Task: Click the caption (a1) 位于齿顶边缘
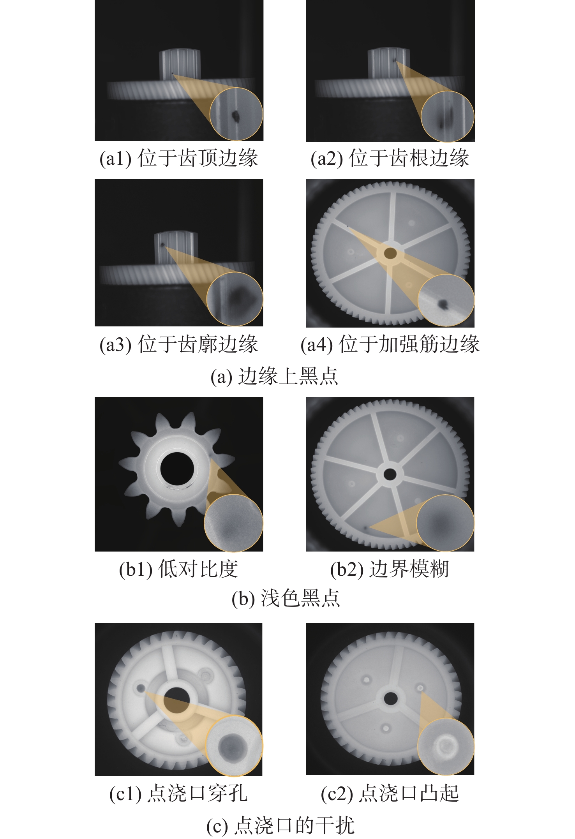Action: tap(179, 158)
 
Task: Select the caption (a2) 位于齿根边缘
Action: tap(390, 158)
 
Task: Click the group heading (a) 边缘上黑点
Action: tap(274, 376)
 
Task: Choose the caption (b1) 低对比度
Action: tap(178, 569)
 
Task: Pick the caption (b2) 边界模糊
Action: tap(390, 569)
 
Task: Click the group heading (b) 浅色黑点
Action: tap(286, 598)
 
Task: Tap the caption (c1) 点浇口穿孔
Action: tap(178, 794)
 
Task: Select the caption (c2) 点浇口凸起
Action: tap(390, 794)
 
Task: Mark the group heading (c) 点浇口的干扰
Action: tap(280, 825)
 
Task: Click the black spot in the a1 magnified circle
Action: tap(236, 115)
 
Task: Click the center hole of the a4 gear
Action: tap(390, 254)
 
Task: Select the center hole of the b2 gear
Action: tap(390, 474)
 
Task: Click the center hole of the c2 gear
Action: tap(391, 698)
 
